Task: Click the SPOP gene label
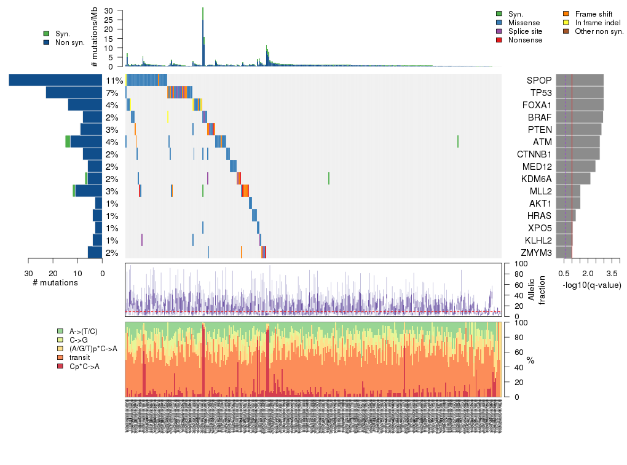[x=539, y=81]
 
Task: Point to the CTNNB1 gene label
[x=535, y=154]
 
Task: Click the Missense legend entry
[x=523, y=23]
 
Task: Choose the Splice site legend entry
[x=525, y=31]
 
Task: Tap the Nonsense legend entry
[x=525, y=40]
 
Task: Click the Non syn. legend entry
[x=69, y=42]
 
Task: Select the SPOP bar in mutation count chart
[x=56, y=81]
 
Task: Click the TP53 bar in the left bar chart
[x=74, y=93]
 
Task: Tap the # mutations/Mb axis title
[x=94, y=38]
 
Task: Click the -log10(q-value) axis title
[x=590, y=285]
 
